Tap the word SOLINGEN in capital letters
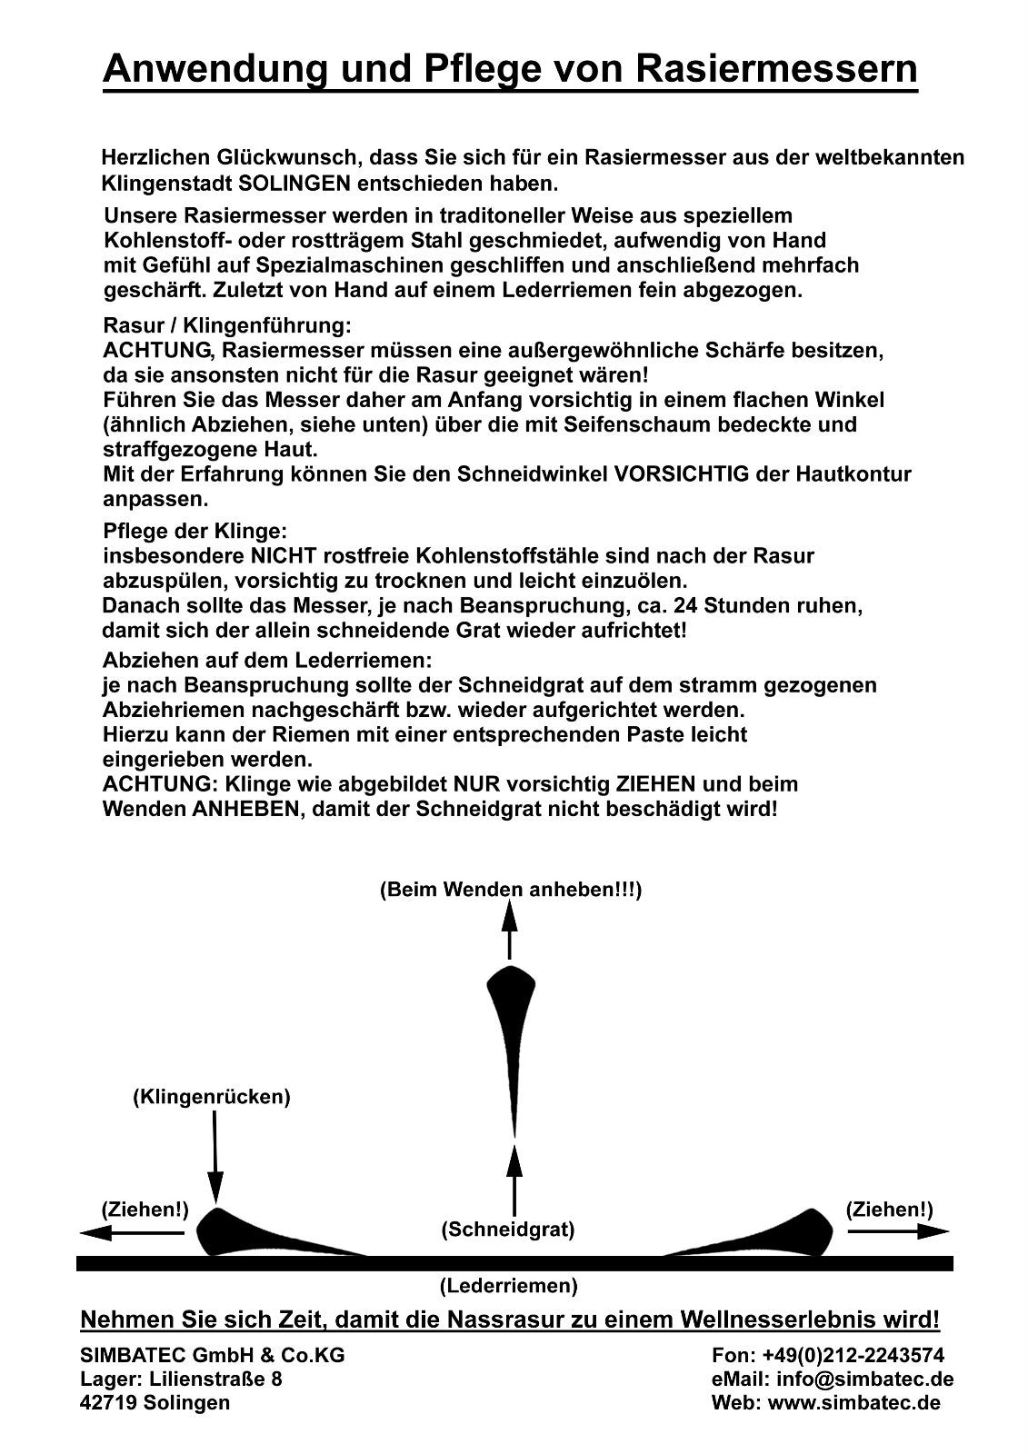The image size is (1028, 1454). [x=294, y=183]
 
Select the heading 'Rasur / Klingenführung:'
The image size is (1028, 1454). [x=226, y=325]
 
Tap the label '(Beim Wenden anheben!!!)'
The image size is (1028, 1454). [x=510, y=890]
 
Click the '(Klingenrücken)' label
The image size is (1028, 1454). [x=212, y=1097]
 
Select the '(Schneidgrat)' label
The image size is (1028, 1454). [x=508, y=1230]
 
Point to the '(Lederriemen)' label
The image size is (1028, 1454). [x=508, y=1286]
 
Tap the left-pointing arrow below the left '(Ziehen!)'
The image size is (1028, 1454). [x=131, y=1233]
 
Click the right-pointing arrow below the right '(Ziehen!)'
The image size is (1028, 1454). [x=898, y=1231]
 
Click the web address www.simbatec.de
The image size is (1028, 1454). [x=853, y=1402]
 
